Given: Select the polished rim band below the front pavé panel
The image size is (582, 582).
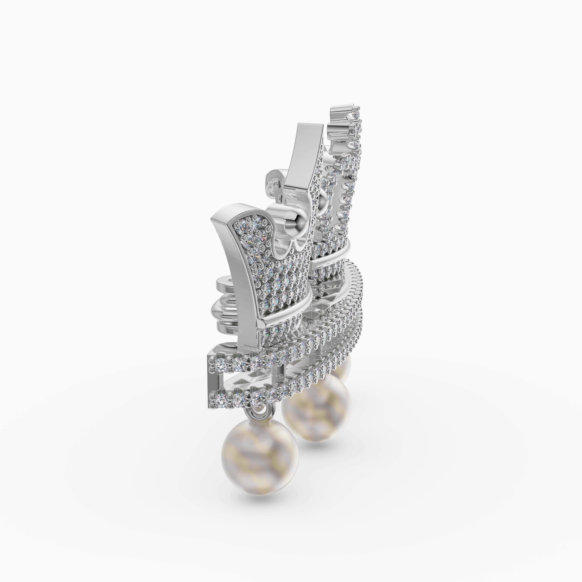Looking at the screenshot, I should (x=289, y=316).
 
